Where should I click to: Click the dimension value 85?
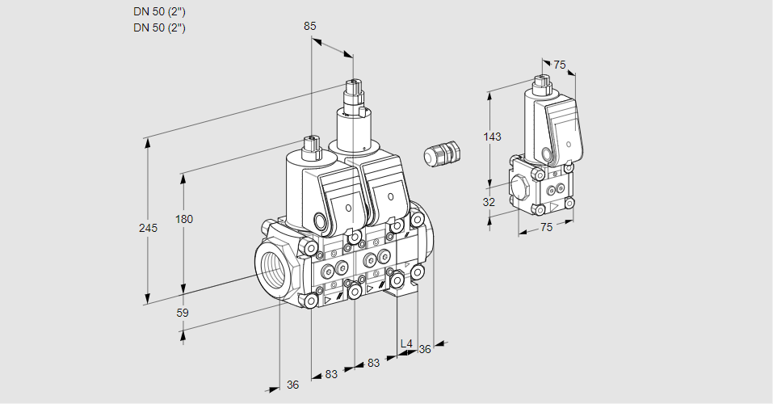pyautogui.click(x=310, y=26)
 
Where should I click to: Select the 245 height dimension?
pyautogui.click(x=148, y=228)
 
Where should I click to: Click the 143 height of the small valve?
pyautogui.click(x=492, y=137)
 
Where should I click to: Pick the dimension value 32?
pyautogui.click(x=489, y=202)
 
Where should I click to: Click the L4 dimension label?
pyautogui.click(x=406, y=344)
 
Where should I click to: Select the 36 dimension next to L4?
pyautogui.click(x=425, y=349)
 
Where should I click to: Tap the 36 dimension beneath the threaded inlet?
pyautogui.click(x=292, y=385)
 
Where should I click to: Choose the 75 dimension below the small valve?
pyautogui.click(x=546, y=227)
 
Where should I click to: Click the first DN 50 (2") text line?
pyautogui.click(x=159, y=11)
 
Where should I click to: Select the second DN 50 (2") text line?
pyautogui.click(x=159, y=27)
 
